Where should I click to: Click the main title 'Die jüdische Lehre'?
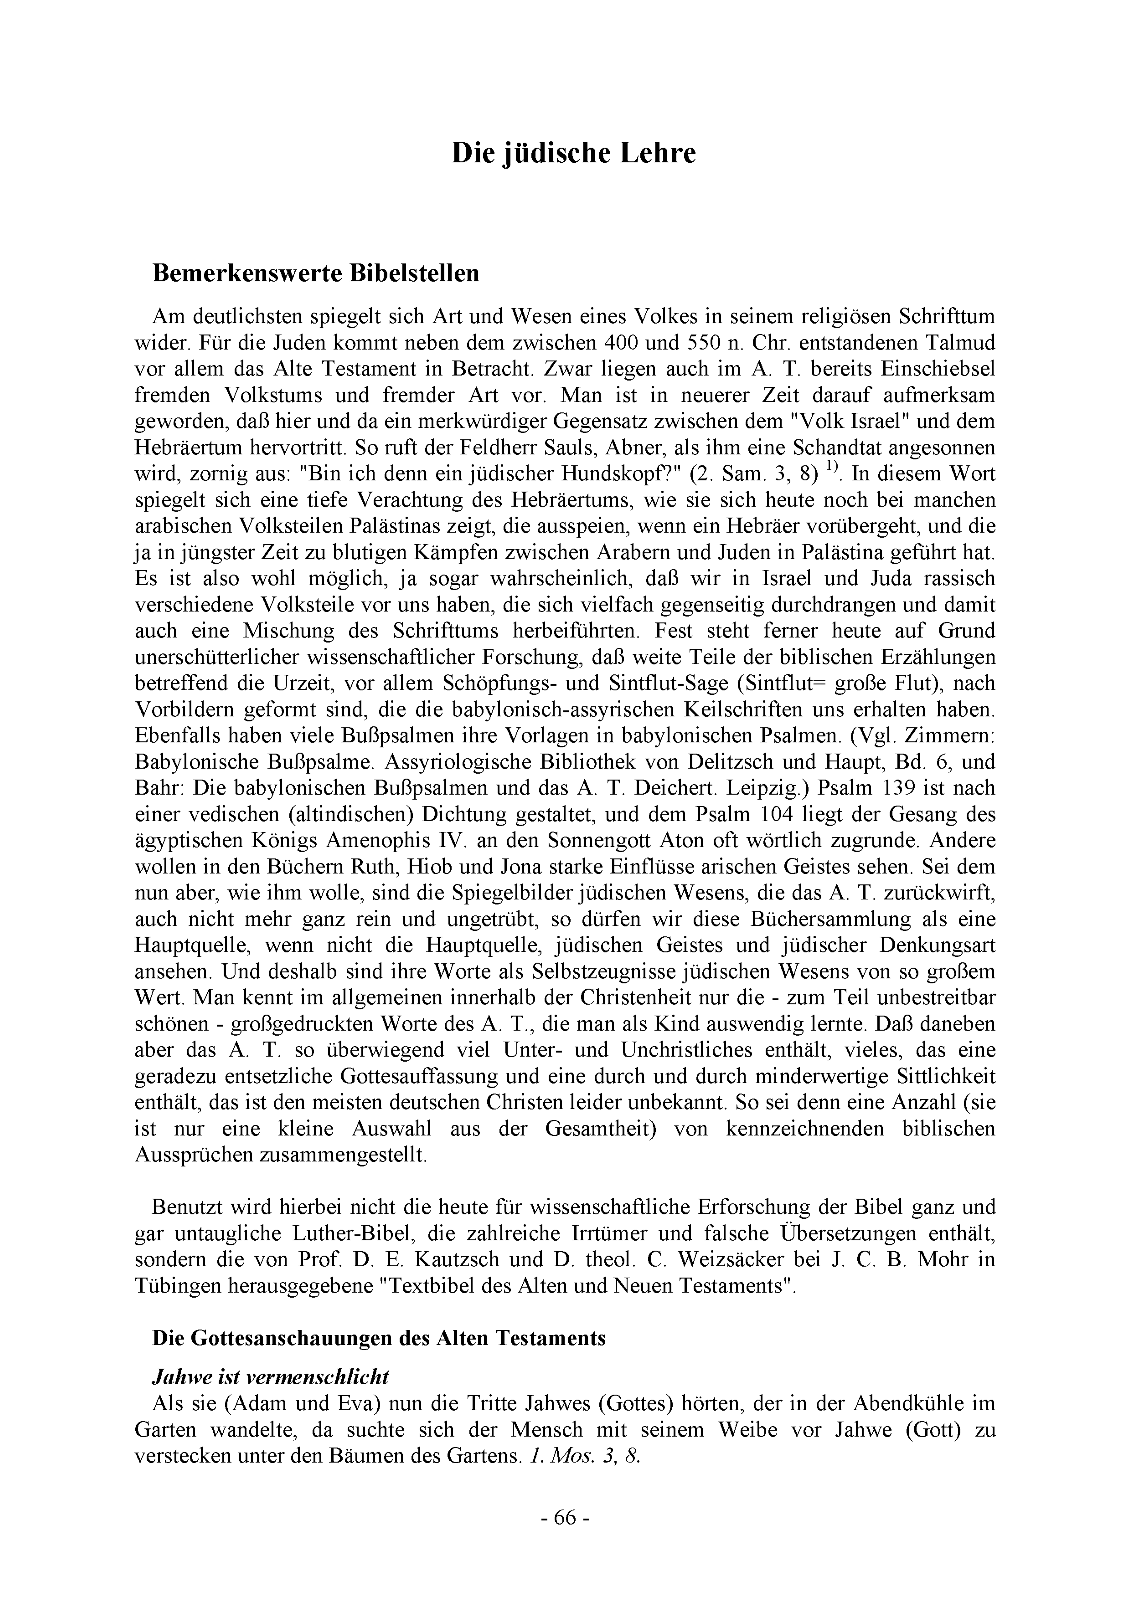click(574, 153)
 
